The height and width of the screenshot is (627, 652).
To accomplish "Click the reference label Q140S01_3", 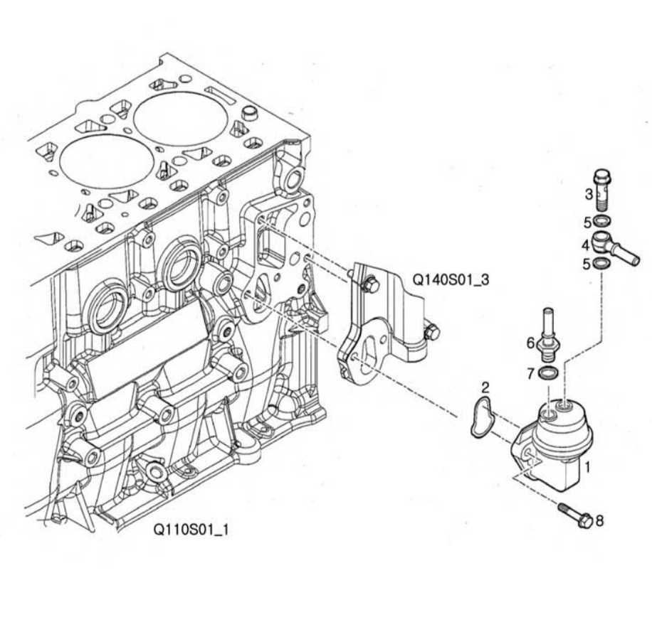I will (451, 279).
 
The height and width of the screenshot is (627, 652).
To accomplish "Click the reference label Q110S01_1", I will (191, 530).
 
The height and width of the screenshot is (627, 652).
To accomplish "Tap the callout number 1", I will (589, 468).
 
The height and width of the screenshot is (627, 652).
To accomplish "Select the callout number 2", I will (485, 388).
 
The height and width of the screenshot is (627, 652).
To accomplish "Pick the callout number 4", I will (585, 245).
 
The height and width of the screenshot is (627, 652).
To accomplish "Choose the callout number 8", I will (599, 521).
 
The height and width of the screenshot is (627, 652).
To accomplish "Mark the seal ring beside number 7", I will (549, 374).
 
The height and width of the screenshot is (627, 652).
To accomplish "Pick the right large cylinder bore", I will (181, 118).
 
